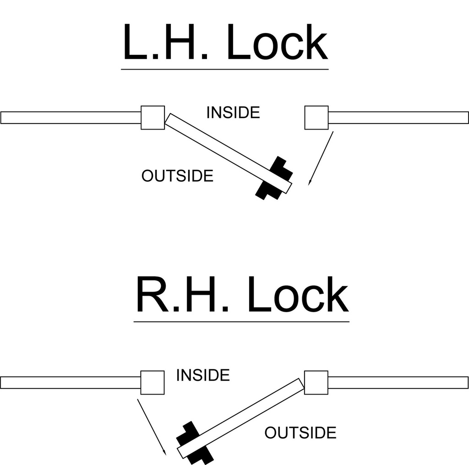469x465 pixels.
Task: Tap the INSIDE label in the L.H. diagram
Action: click(233, 112)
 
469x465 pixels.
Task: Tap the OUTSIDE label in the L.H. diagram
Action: click(177, 176)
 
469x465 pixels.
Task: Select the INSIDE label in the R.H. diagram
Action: click(203, 375)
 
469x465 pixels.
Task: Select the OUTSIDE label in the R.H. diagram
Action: click(300, 433)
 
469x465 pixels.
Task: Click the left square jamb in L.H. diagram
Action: click(153, 118)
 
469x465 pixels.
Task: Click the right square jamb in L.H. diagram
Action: click(316, 118)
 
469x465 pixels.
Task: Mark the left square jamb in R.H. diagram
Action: click(153, 383)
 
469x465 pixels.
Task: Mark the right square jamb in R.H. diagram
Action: click(316, 383)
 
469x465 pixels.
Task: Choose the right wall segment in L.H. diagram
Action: click(398, 118)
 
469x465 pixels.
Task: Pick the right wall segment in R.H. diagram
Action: click(398, 383)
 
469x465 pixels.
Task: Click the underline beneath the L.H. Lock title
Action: click(225, 70)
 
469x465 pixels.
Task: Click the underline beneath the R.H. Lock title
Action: click(241, 321)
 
